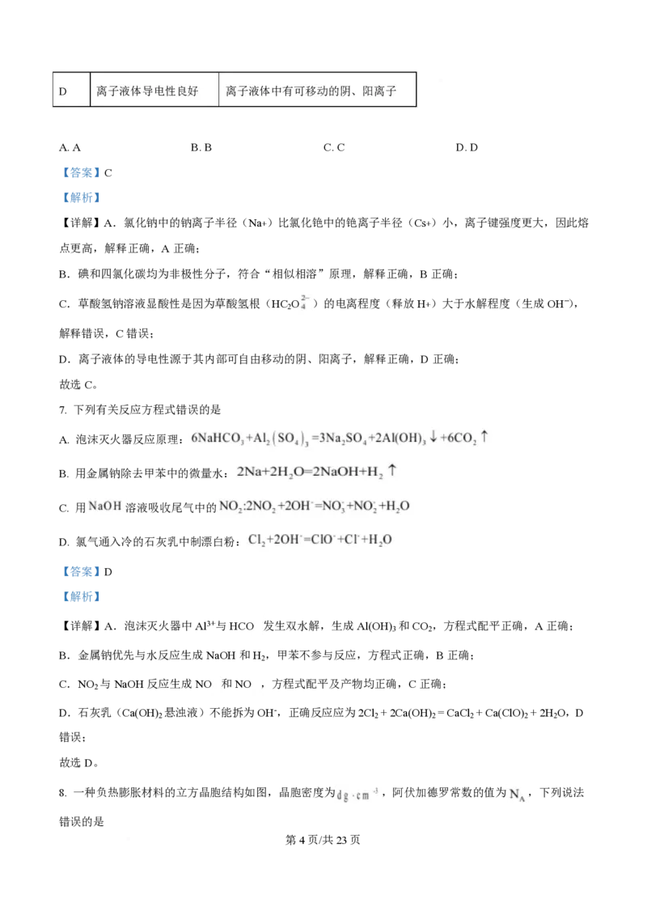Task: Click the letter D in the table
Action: click(62, 91)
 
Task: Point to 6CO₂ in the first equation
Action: click(459, 439)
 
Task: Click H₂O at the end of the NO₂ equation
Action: click(394, 507)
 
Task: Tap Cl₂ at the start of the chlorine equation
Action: click(258, 540)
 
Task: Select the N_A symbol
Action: click(516, 796)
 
